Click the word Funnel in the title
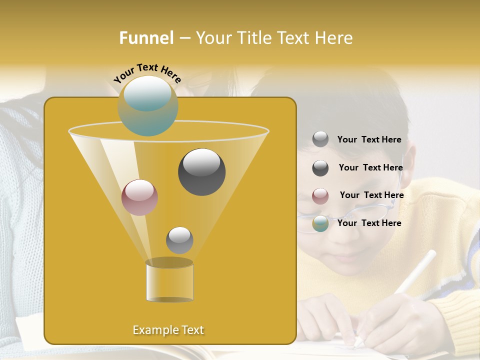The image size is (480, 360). (x=146, y=38)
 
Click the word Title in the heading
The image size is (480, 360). (x=255, y=38)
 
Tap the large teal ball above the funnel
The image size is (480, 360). (x=147, y=105)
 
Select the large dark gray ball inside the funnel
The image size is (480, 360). (x=201, y=171)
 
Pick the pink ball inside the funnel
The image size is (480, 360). (x=139, y=197)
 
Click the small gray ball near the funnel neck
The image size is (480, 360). (x=179, y=240)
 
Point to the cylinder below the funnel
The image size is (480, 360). (x=169, y=281)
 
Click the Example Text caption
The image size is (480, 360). (x=168, y=330)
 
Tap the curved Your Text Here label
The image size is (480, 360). (x=147, y=73)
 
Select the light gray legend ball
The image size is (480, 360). (x=320, y=139)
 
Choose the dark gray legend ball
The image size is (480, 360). (x=320, y=168)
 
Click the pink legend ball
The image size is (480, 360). (x=320, y=196)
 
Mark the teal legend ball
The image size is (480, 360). (x=320, y=224)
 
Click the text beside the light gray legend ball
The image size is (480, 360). (x=369, y=140)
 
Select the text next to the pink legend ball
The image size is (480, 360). (x=371, y=195)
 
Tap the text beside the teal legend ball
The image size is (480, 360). (x=369, y=223)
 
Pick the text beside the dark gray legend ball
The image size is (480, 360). (x=370, y=168)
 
